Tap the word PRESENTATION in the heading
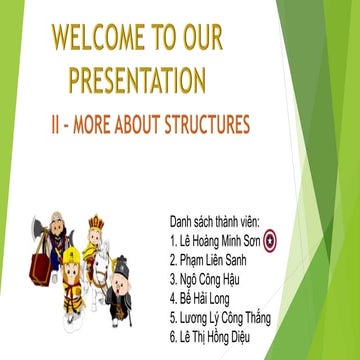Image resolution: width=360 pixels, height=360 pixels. point(138,80)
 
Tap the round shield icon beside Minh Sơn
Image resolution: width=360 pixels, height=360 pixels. point(283,240)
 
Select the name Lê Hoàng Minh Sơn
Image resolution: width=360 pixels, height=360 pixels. point(221,241)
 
